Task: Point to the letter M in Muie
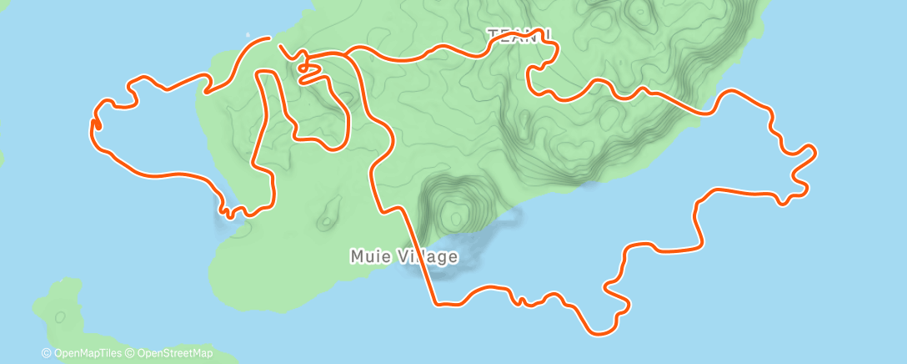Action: pyautogui.click(x=356, y=256)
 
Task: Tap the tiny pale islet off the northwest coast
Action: pyautogui.click(x=248, y=34)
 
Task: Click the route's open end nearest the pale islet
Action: pyautogui.click(x=269, y=38)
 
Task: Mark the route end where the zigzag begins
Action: pyautogui.click(x=279, y=46)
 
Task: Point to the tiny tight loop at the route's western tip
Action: pyautogui.click(x=94, y=124)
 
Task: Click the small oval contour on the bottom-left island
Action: pyautogui.click(x=59, y=317)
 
